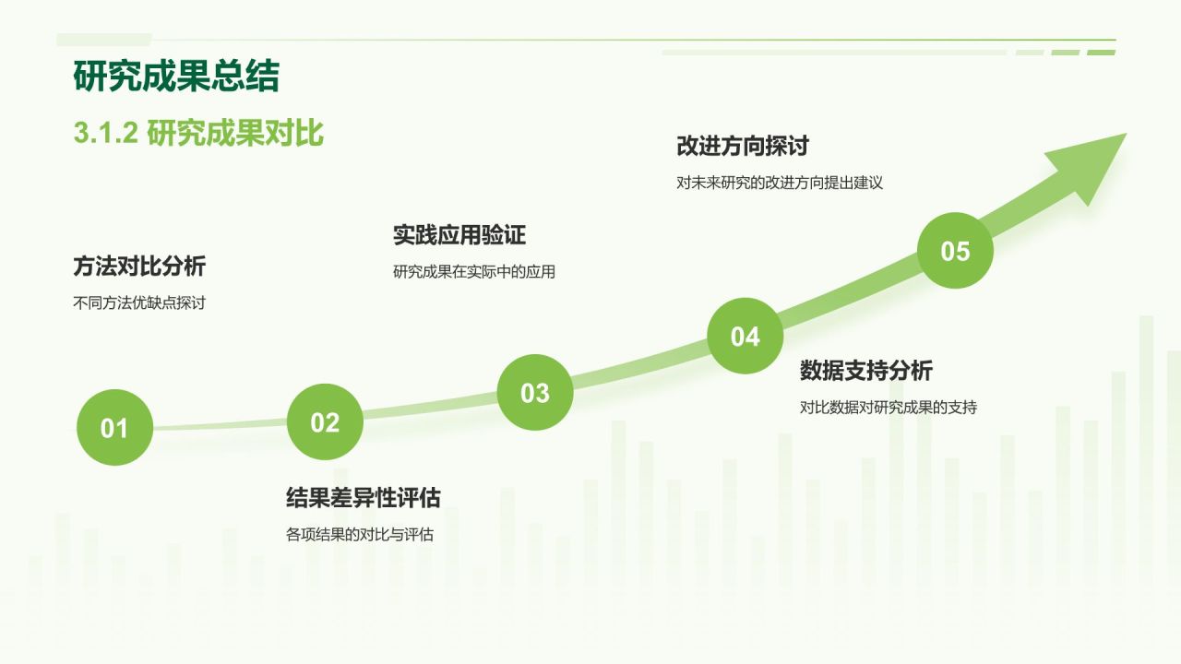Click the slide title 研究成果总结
176,77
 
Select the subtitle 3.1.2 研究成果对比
198,133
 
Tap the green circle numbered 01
115,427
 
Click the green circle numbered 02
325,421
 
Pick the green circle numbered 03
535,392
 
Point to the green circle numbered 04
745,336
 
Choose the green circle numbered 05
955,250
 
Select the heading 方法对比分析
139,267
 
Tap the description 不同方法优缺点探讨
139,303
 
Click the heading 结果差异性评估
364,497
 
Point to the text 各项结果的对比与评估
360,534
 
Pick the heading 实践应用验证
459,235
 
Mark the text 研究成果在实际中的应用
474,272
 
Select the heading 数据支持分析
866,371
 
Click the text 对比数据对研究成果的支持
889,408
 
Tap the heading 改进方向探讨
743,146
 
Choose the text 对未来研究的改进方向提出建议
780,183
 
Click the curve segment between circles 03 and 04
640,364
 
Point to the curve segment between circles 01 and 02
220,424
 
